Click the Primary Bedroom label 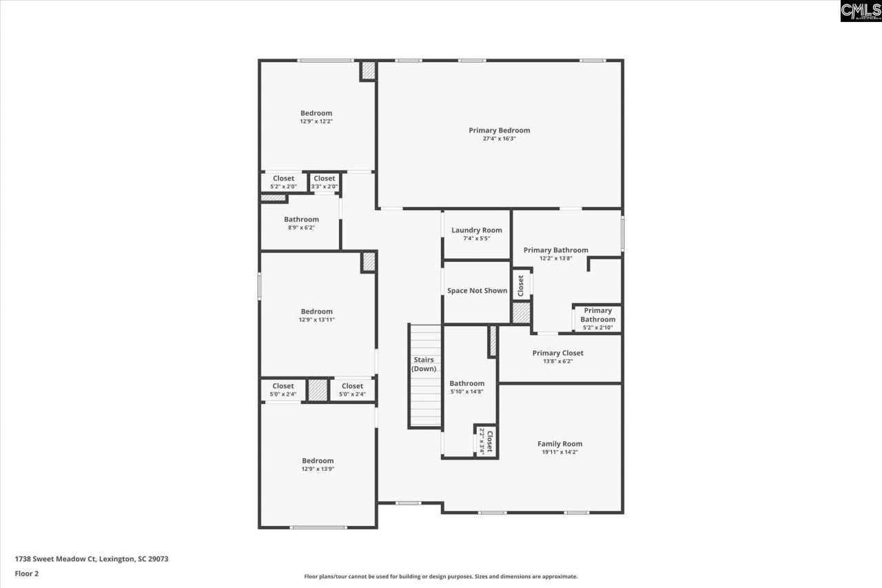(500, 130)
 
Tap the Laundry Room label (477, 230)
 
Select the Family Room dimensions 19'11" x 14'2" (560, 452)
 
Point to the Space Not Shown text (477, 291)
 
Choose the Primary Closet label (557, 353)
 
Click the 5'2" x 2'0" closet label (283, 186)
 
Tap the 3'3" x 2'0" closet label (325, 186)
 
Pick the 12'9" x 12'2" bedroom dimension (316, 121)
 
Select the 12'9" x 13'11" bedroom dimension (316, 320)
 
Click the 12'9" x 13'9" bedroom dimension (318, 469)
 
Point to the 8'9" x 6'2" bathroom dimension (301, 227)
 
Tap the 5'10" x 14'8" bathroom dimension (467, 392)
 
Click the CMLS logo (861, 11)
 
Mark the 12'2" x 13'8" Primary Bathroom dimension (555, 258)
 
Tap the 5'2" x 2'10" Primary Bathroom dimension (597, 327)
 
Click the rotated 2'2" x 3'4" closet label (482, 440)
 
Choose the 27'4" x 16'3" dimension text (500, 139)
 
